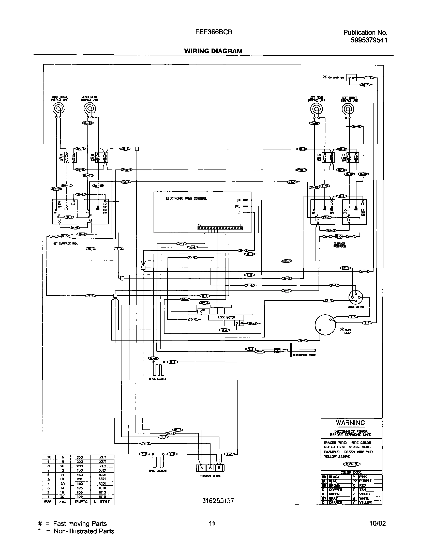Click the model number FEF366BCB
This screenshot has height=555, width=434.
(x=213, y=32)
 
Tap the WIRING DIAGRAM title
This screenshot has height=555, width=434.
(x=213, y=51)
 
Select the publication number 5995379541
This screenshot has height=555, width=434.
(x=369, y=40)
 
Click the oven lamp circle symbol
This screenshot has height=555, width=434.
(x=324, y=325)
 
